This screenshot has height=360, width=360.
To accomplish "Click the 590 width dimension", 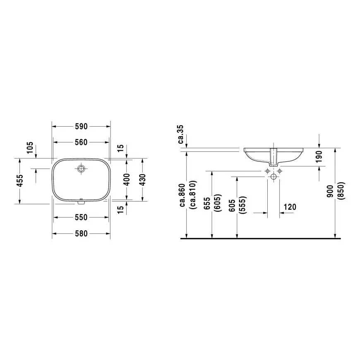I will tap(81, 126).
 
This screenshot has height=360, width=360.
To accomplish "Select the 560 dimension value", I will tap(81, 142).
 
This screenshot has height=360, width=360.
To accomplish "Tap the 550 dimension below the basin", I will tap(81, 217).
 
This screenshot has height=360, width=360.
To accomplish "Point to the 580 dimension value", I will tap(81, 234).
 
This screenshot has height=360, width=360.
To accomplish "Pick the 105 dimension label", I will tap(29, 147).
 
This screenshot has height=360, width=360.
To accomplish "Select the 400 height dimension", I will tap(127, 179).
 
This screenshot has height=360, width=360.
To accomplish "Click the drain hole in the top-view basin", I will tap(81, 168).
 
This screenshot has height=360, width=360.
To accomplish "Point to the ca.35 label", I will tap(181, 134).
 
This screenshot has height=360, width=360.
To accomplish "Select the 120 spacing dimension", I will tap(290, 207).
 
